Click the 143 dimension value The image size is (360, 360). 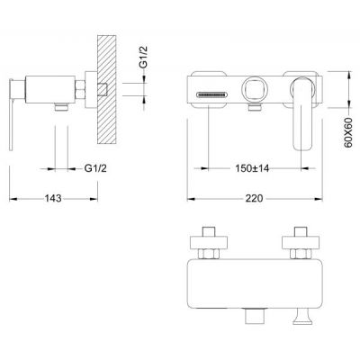click(x=53, y=198)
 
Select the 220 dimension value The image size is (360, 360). click(x=255, y=198)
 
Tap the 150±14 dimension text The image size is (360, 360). click(x=252, y=168)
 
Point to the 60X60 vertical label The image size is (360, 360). click(x=348, y=133)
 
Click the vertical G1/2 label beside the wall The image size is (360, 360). click(x=144, y=58)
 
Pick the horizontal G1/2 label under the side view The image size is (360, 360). click(x=95, y=168)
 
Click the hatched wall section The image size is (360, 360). click(x=107, y=89)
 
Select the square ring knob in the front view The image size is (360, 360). click(x=253, y=89)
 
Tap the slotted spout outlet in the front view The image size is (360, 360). click(x=211, y=94)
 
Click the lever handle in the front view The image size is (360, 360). click(x=301, y=113)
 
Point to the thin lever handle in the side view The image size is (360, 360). click(x=11, y=114)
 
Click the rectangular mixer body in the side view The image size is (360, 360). click(x=50, y=90)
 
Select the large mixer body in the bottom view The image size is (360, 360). click(x=254, y=283)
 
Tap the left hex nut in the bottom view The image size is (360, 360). click(x=209, y=254)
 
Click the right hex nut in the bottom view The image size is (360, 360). click(x=300, y=254)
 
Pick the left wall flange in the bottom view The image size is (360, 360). click(x=209, y=243)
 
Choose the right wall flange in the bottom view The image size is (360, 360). click(x=301, y=243)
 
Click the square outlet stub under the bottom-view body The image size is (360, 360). click(x=255, y=316)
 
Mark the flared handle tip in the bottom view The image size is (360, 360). click(x=302, y=317)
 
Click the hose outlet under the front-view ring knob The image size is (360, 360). click(x=254, y=106)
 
